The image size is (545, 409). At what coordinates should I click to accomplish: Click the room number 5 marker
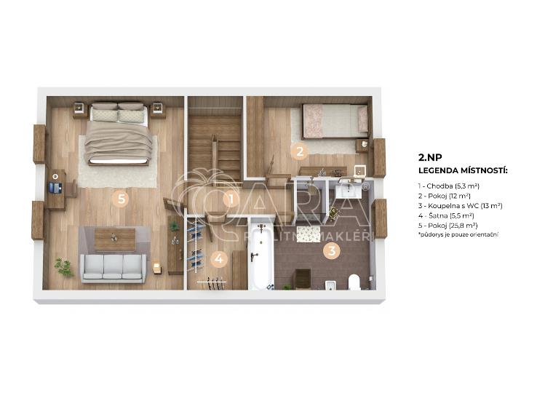tap(121, 199)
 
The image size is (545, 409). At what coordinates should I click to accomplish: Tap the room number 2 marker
tap(299, 151)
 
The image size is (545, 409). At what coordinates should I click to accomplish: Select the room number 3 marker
tap(332, 250)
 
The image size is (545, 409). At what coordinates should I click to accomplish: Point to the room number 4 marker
tap(218, 259)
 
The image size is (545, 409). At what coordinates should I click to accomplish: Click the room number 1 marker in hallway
tap(231, 199)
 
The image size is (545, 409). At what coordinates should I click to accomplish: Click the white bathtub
tap(261, 255)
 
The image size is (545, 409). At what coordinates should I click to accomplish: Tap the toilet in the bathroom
tap(354, 282)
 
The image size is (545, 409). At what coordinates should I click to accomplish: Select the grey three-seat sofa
tap(113, 268)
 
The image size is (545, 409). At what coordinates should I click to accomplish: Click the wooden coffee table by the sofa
tap(115, 239)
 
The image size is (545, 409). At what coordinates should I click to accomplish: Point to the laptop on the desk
tap(55, 188)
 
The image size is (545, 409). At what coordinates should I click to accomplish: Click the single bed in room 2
tap(335, 121)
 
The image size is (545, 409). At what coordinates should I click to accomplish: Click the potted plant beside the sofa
tap(64, 267)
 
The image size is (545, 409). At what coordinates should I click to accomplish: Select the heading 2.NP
tap(430, 157)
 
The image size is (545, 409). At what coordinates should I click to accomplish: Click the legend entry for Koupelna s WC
tap(460, 206)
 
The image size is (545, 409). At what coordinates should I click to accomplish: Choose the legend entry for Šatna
tap(446, 215)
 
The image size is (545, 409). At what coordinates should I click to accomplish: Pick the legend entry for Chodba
tap(449, 186)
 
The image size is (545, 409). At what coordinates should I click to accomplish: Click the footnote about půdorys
tap(458, 234)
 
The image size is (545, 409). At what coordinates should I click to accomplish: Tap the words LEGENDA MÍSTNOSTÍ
tap(463, 170)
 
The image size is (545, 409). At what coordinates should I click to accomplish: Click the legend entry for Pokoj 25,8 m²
tap(448, 226)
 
